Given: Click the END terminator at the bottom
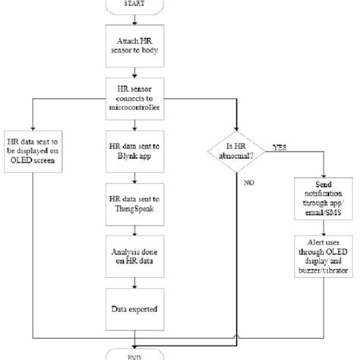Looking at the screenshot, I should tap(135, 354).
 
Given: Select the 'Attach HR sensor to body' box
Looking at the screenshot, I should tap(135, 52).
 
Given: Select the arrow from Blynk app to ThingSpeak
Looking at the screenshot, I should tap(135, 178).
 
